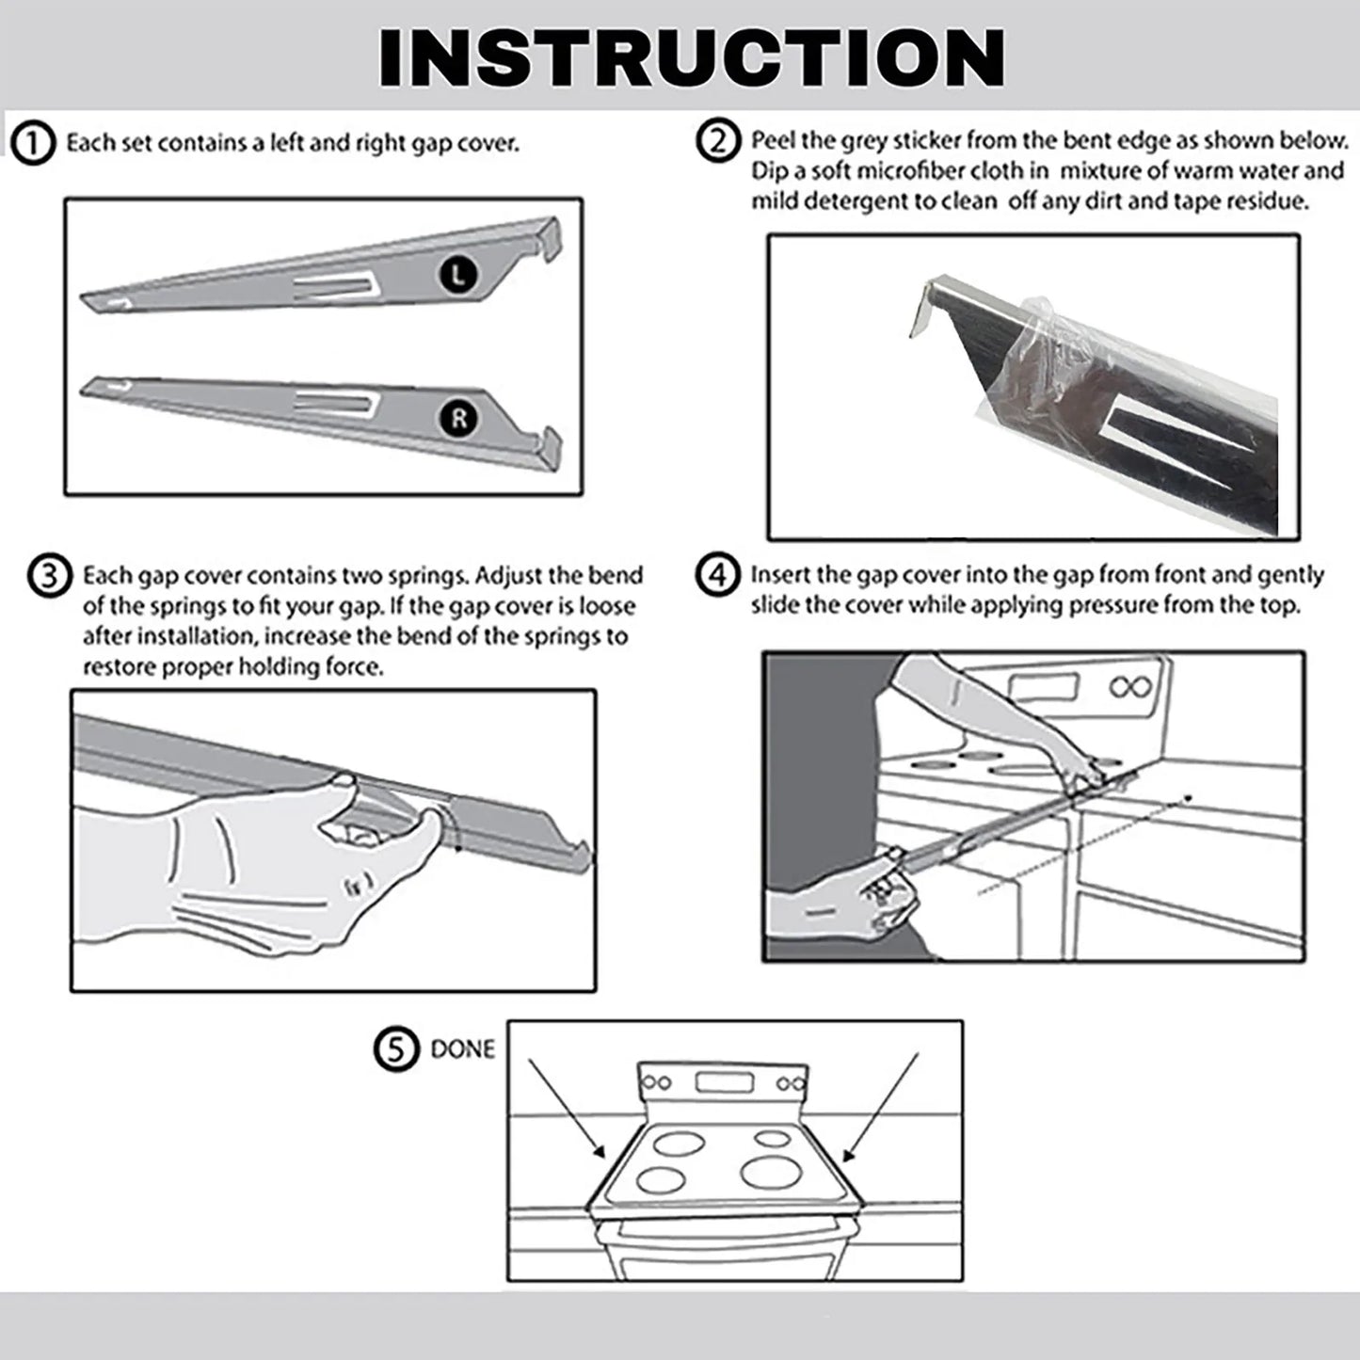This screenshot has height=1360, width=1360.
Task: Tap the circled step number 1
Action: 34,144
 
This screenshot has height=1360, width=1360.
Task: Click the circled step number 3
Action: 50,575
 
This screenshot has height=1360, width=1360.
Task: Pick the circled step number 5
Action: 395,1048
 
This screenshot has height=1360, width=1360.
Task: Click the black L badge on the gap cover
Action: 458,274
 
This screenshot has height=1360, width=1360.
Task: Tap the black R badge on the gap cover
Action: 458,419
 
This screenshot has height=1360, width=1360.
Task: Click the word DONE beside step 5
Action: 462,1048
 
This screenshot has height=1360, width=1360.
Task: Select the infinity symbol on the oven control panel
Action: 1129,686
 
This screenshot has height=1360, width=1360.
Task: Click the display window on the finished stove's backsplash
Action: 723,1082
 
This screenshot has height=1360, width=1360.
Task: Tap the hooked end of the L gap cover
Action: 552,235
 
